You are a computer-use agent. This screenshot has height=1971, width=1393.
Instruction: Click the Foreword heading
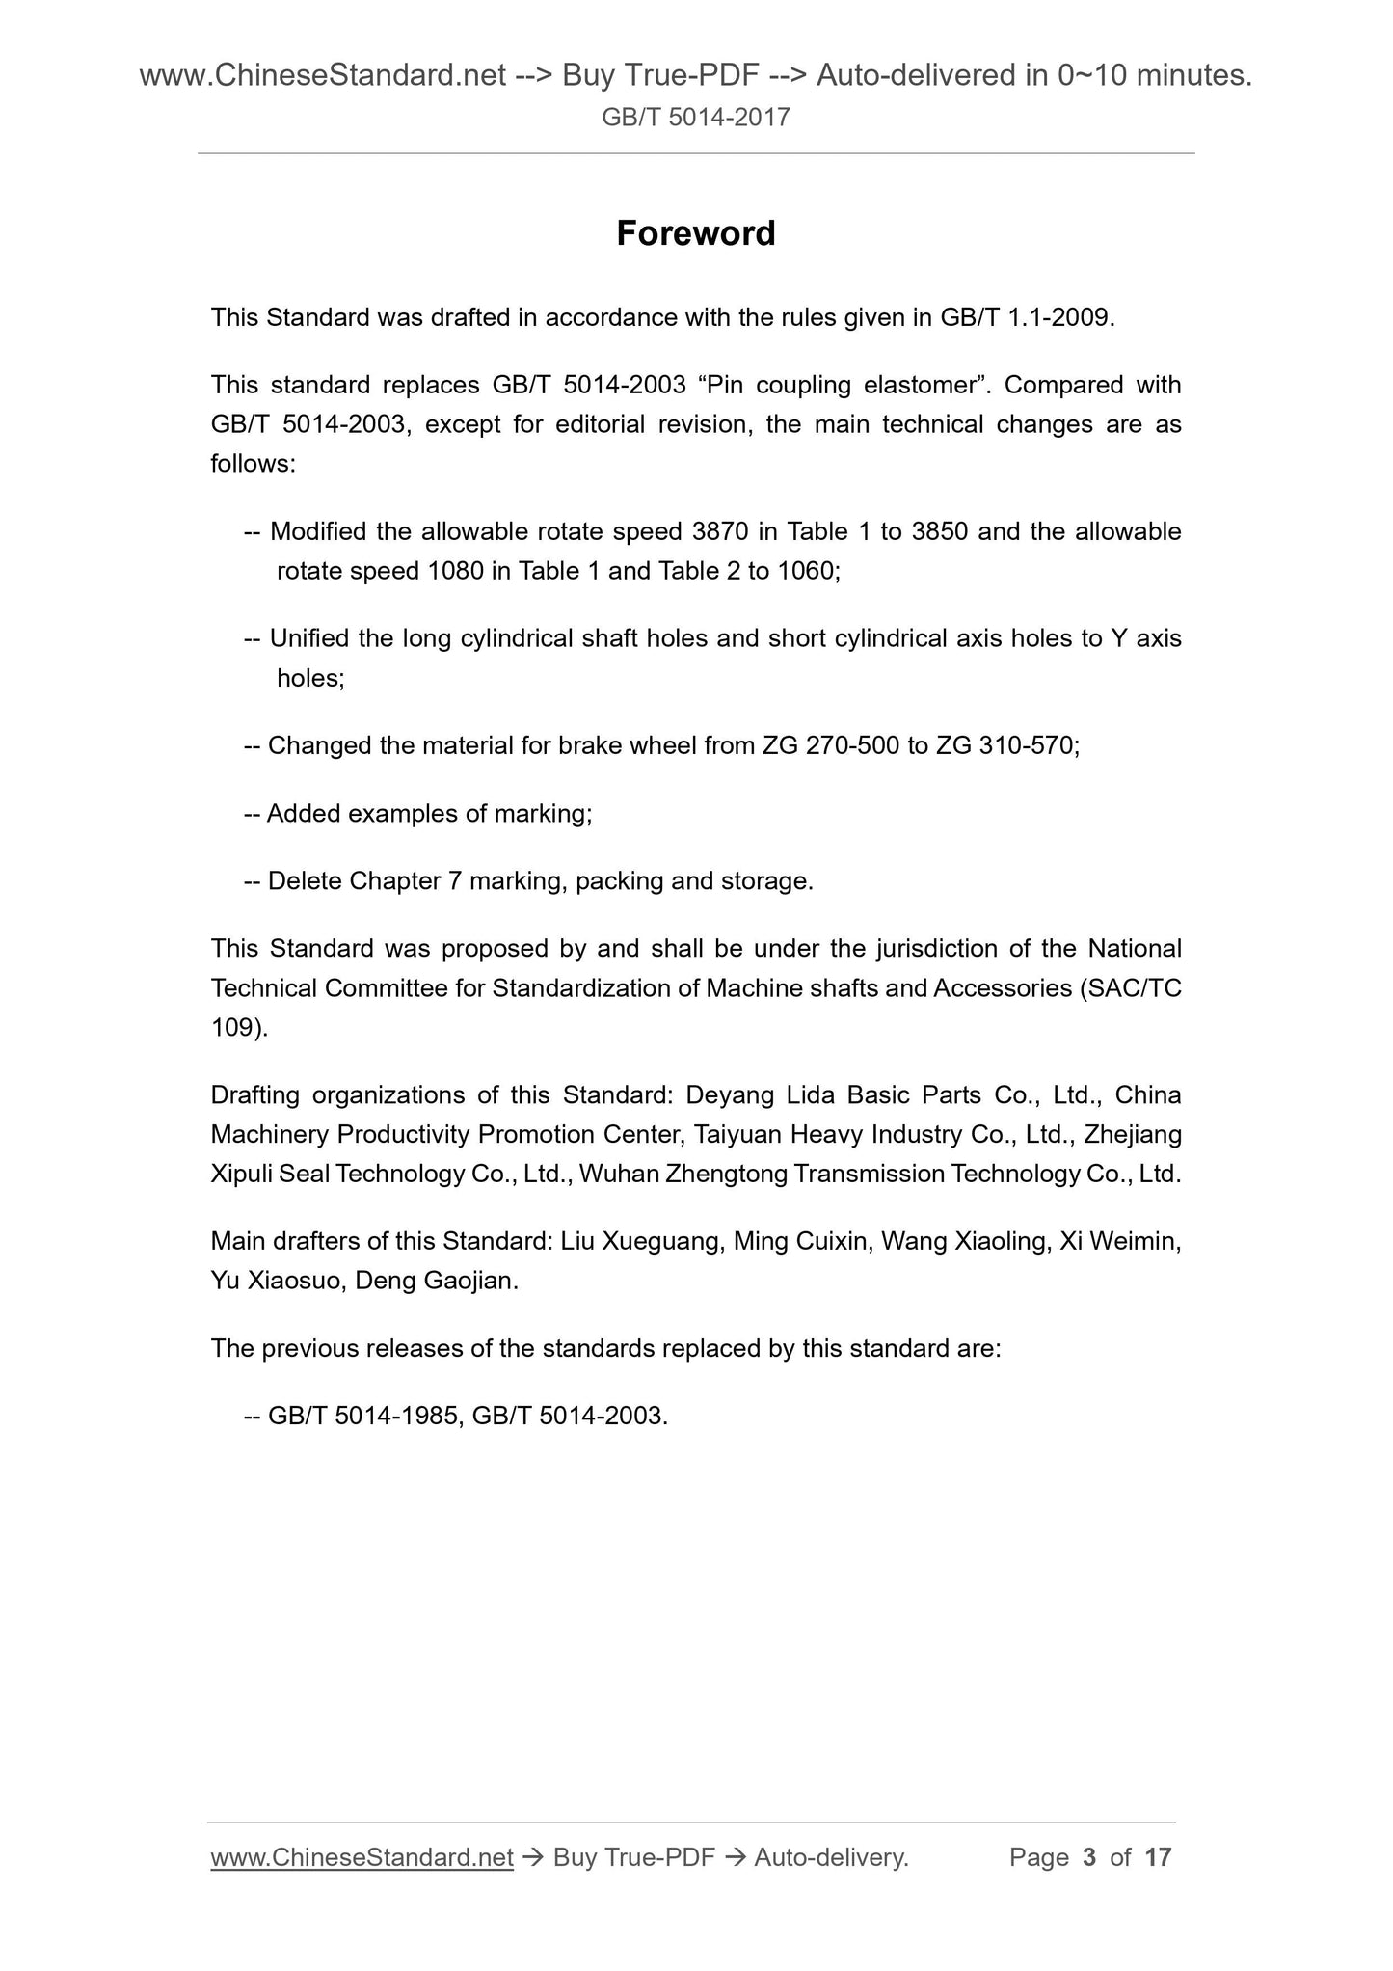click(x=695, y=233)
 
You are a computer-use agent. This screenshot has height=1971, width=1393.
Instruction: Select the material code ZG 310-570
click(x=1005, y=745)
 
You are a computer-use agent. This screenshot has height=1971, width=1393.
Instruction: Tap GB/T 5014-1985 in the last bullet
click(x=362, y=1416)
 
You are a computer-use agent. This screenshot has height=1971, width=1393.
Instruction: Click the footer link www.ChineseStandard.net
click(x=362, y=1857)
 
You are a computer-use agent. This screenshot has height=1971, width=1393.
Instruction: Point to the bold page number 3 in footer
click(x=1089, y=1857)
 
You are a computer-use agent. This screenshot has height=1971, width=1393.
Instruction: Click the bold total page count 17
click(x=1157, y=1857)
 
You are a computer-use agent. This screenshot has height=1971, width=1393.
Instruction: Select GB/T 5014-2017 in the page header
click(x=696, y=118)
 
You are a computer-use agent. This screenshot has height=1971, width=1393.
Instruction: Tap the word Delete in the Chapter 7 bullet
click(x=305, y=881)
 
